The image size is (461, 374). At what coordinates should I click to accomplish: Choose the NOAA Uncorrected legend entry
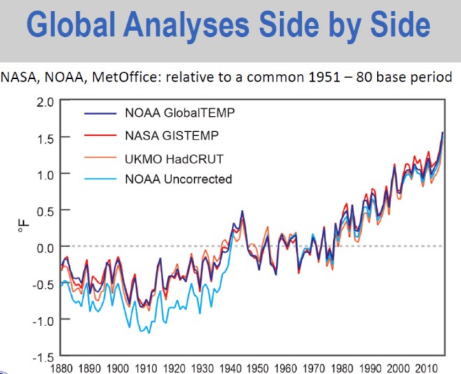179,179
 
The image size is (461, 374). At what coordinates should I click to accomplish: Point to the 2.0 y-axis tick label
45,102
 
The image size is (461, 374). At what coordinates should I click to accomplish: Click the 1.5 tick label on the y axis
45,138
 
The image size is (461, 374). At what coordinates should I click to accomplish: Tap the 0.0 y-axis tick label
45,246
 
